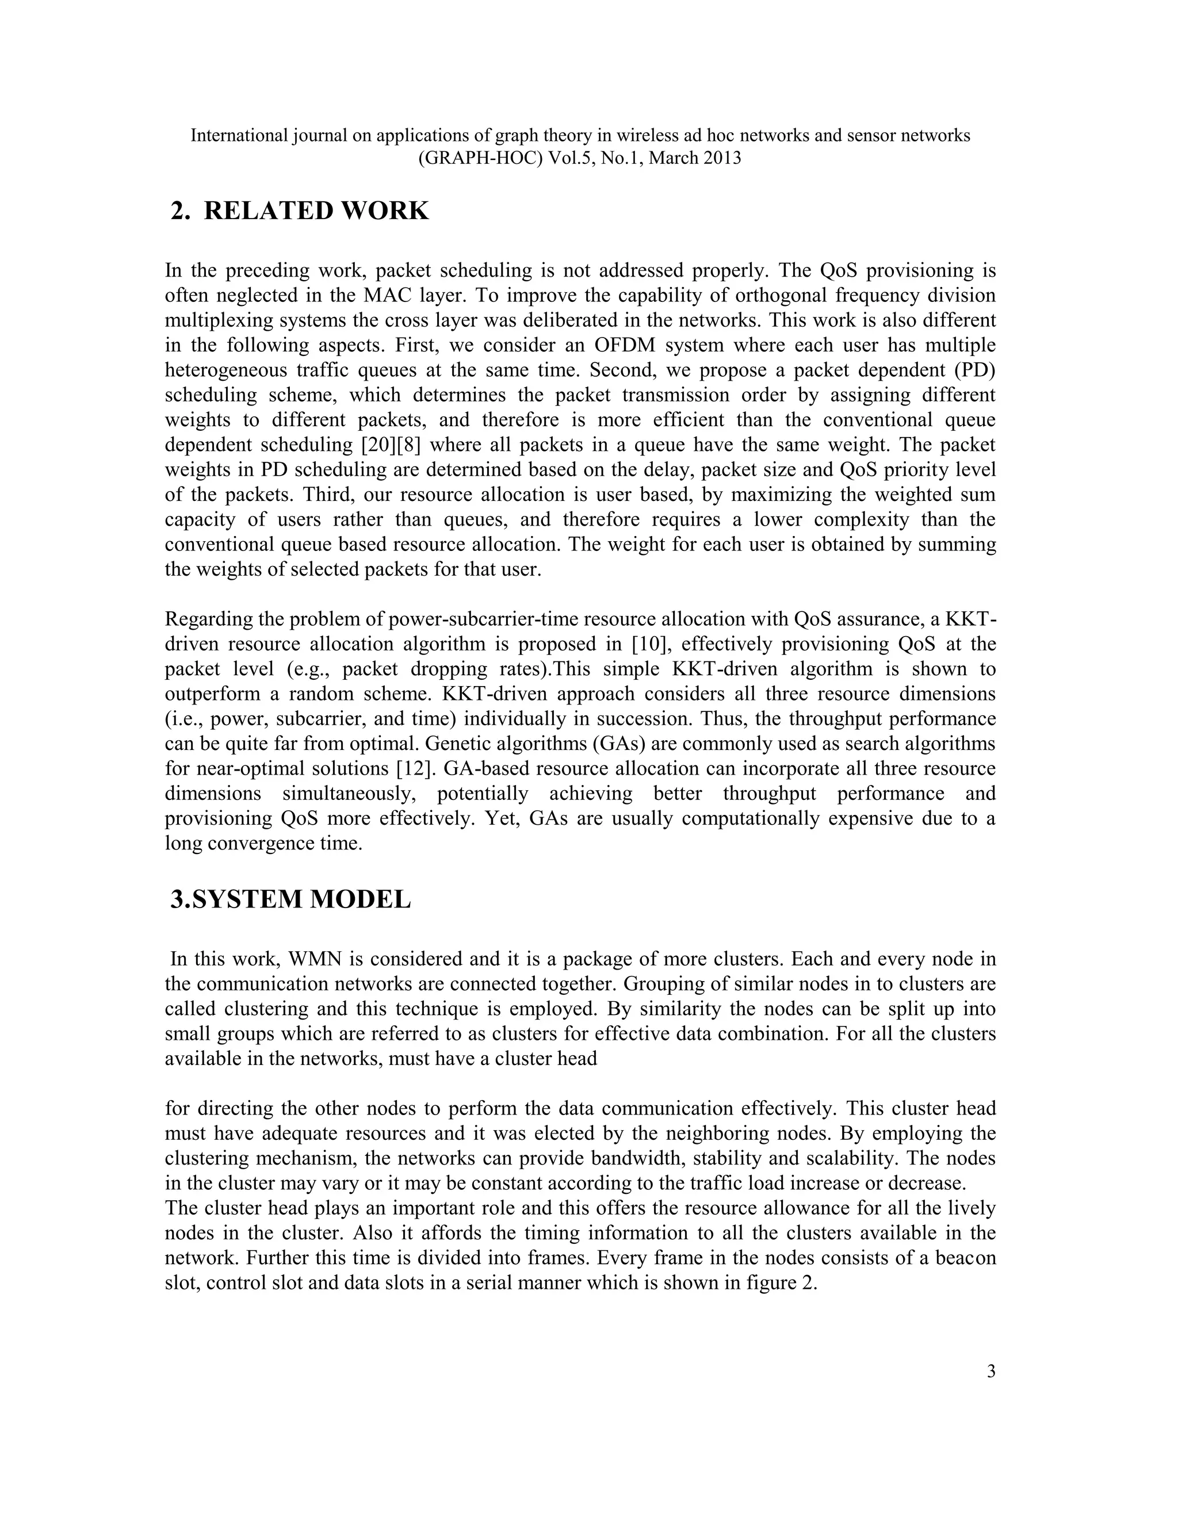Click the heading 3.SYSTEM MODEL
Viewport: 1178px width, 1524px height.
click(x=291, y=899)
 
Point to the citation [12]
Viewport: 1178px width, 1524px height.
click(x=414, y=768)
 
